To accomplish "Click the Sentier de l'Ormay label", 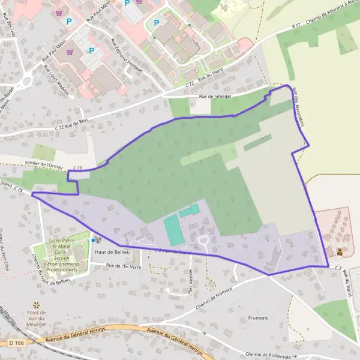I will (44, 162).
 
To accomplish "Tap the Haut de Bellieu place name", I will (109, 252).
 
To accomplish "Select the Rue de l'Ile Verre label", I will (123, 266).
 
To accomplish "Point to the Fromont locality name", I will (258, 316).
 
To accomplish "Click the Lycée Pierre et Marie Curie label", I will (62, 255).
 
